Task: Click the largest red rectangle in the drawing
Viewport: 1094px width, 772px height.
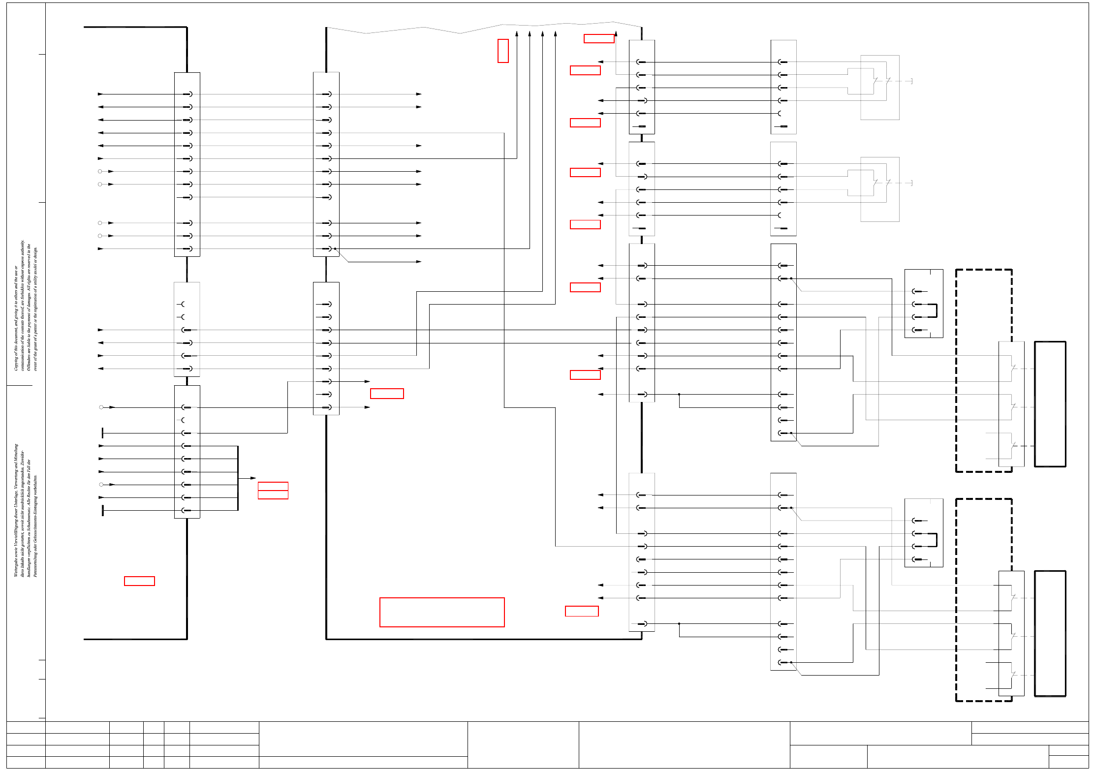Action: (x=442, y=612)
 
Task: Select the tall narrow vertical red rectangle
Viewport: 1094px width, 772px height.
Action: (x=503, y=51)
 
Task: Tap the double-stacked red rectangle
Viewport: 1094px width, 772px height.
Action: (x=273, y=491)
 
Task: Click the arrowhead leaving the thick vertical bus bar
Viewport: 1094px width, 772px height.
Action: (x=253, y=478)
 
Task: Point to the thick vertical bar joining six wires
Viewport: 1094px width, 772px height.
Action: (x=238, y=478)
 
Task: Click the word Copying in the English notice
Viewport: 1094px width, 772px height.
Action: (x=16, y=362)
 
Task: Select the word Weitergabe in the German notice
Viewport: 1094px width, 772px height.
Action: (x=16, y=565)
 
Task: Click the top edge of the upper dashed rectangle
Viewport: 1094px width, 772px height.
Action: (x=984, y=270)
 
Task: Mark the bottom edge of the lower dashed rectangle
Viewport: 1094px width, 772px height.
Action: (x=984, y=701)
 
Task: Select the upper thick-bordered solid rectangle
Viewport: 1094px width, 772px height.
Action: (x=1050, y=404)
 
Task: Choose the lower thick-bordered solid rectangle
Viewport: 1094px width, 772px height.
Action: (x=1050, y=633)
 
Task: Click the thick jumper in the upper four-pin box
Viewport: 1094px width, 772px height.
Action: (x=937, y=310)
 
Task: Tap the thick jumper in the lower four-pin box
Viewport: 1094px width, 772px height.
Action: (x=937, y=540)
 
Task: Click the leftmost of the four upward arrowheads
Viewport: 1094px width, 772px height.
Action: (x=517, y=33)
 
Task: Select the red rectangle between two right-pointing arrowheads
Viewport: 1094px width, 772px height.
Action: (x=387, y=394)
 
